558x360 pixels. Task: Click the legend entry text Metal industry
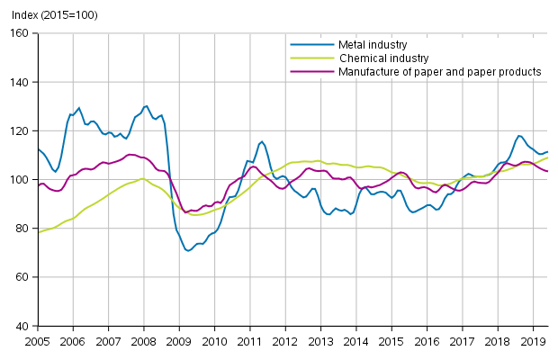click(373, 44)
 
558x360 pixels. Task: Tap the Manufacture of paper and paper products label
click(440, 71)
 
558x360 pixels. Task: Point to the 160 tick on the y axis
click(20, 33)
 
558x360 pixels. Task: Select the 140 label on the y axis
click(20, 82)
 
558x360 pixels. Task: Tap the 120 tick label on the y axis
click(20, 130)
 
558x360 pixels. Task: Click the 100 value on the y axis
click(20, 180)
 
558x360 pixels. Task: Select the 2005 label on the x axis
click(38, 342)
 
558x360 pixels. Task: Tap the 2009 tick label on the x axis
click(179, 342)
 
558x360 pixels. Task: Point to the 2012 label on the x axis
click(285, 342)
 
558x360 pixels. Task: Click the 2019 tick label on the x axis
click(533, 342)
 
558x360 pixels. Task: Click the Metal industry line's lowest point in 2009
click(188, 250)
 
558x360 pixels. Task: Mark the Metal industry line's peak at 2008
click(146, 106)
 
